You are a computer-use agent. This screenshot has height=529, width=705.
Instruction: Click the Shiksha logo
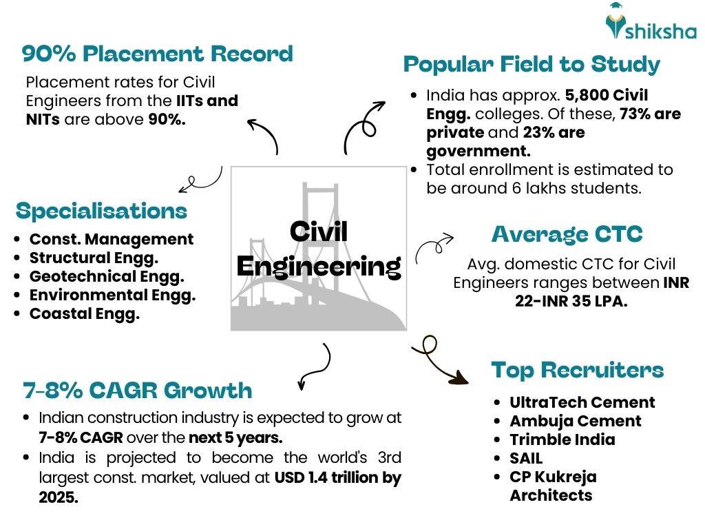(650, 23)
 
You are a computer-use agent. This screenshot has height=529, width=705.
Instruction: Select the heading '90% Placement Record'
(157, 54)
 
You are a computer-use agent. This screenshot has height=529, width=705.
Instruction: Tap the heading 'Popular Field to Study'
(531, 64)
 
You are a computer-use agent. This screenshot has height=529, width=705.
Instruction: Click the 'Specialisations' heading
(101, 211)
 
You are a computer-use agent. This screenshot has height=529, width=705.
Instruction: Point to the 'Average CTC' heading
(567, 234)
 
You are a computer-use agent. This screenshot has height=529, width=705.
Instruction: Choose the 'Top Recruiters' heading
(577, 370)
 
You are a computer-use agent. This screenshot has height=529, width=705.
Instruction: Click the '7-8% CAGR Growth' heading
(137, 391)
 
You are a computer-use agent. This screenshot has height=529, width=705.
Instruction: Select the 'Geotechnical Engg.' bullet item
(107, 277)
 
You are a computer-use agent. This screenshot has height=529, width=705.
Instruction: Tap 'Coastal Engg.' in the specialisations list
(84, 314)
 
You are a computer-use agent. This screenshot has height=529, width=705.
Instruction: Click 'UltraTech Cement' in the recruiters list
(582, 402)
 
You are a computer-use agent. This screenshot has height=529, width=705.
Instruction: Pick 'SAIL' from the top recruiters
(526, 458)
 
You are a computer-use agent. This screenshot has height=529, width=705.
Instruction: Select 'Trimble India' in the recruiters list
(562, 439)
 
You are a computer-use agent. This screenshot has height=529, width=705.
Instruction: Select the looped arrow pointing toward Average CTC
(434, 245)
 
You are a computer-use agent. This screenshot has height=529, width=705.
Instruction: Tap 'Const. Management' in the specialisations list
(112, 240)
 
